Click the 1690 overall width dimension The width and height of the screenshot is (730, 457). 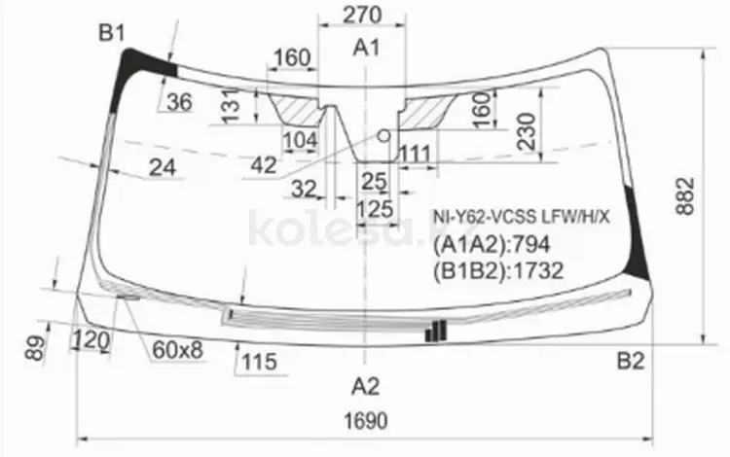pyautogui.click(x=365, y=421)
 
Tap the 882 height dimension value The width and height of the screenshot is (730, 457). pyautogui.click(x=685, y=195)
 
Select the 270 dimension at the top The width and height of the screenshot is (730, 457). pyautogui.click(x=362, y=15)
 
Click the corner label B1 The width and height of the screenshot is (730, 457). pyautogui.click(x=112, y=33)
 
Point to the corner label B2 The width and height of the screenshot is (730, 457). pyautogui.click(x=631, y=361)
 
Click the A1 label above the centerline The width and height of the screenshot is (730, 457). pyautogui.click(x=366, y=48)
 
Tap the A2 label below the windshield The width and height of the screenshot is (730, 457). pyautogui.click(x=365, y=386)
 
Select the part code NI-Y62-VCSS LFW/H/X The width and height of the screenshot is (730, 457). pyautogui.click(x=521, y=217)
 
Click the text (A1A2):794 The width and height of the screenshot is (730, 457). pyautogui.click(x=492, y=244)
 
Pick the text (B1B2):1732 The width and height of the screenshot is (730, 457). pyautogui.click(x=498, y=270)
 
